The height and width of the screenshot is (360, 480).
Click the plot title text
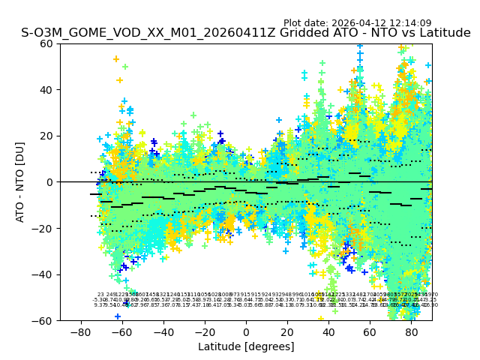[x=246, y=33]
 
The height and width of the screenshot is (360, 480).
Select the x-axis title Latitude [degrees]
[x=246, y=346]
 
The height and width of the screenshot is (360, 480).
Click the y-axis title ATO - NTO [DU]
[x=21, y=181]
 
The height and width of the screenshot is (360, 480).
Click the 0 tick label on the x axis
[x=246, y=331]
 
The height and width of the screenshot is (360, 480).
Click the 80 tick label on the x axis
[x=412, y=331]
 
